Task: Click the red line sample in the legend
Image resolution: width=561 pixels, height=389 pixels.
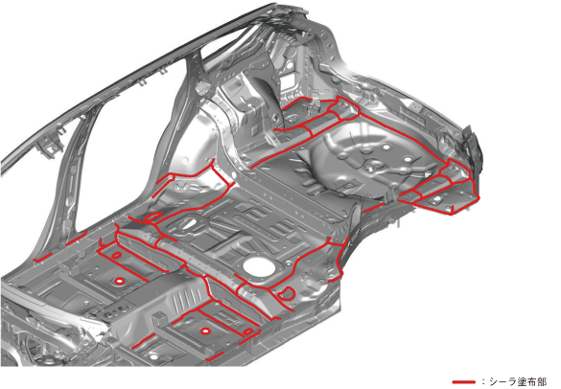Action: [x=464, y=382]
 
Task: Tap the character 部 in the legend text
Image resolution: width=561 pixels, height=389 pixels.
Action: [x=541, y=382]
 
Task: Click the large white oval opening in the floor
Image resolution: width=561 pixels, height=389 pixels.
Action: [x=258, y=265]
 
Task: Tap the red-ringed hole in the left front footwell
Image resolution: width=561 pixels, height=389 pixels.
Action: [x=118, y=281]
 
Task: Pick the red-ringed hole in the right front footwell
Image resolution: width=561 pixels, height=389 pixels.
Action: [x=204, y=332]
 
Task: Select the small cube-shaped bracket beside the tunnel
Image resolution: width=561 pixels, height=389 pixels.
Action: [x=158, y=317]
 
